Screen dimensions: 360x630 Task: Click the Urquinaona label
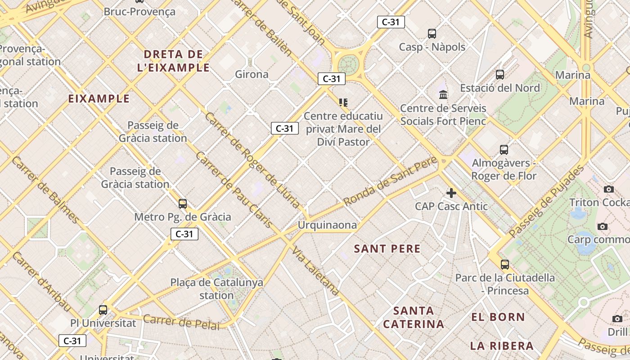pyautogui.click(x=328, y=225)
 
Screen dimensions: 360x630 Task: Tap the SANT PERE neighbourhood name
pyautogui.click(x=387, y=249)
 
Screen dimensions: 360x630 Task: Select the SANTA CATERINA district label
pyautogui.click(x=414, y=317)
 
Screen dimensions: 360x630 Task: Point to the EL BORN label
pyautogui.click(x=498, y=317)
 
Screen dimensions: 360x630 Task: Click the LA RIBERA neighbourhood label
pyautogui.click(x=502, y=346)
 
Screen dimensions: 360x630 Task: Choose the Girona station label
pyautogui.click(x=252, y=74)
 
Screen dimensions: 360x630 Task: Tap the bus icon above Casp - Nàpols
pyautogui.click(x=432, y=33)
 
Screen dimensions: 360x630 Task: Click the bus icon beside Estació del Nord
pyautogui.click(x=500, y=75)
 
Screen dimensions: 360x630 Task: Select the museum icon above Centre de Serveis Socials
pyautogui.click(x=443, y=95)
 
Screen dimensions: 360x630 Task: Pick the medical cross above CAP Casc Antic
pyautogui.click(x=451, y=193)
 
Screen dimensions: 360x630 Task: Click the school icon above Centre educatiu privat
pyautogui.click(x=343, y=103)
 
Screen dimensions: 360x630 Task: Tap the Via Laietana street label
pyautogui.click(x=315, y=270)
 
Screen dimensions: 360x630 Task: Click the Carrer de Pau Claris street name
pyautogui.click(x=234, y=189)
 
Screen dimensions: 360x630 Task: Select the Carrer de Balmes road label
pyautogui.click(x=45, y=189)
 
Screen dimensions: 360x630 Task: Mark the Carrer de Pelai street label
pyautogui.click(x=181, y=322)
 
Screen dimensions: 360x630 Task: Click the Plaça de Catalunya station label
pyautogui.click(x=216, y=289)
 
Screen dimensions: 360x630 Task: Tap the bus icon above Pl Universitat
pyautogui.click(x=103, y=310)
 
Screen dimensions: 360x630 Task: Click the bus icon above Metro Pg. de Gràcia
pyautogui.click(x=182, y=203)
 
